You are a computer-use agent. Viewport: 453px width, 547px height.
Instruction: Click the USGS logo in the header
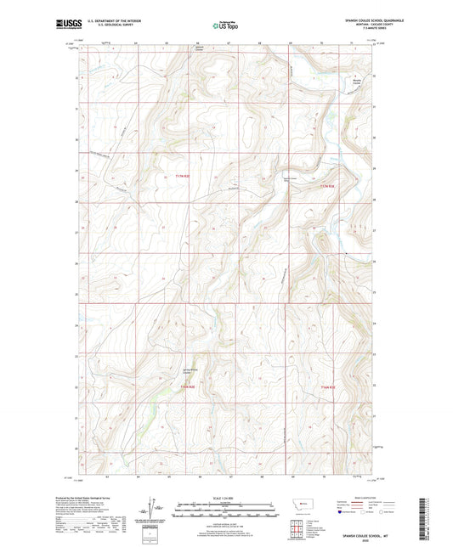coord(64,25)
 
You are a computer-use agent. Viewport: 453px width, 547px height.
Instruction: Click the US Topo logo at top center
coord(225,25)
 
